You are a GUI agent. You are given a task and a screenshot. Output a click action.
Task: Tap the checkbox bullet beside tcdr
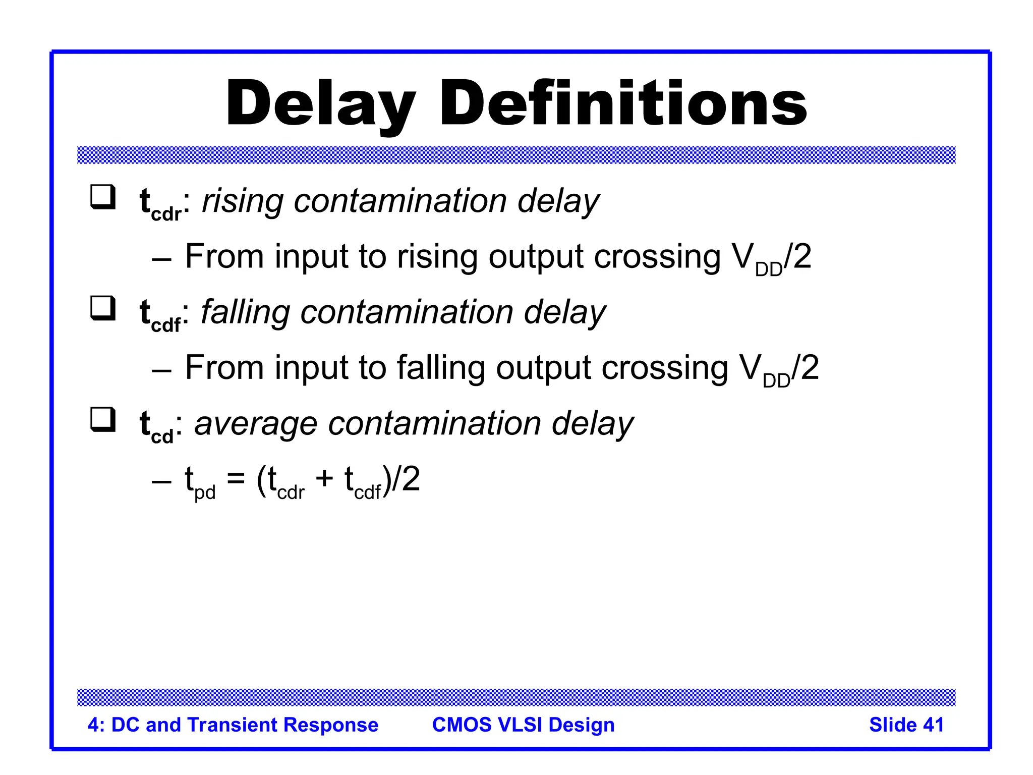102,197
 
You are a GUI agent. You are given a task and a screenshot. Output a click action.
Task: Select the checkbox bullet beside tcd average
102,419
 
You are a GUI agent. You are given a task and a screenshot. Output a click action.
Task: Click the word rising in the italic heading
243,202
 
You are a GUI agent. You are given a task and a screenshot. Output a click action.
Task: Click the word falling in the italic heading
246,313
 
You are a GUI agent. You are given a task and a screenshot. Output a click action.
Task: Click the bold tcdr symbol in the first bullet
160,205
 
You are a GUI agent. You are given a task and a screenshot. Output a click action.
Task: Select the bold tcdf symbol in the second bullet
160,316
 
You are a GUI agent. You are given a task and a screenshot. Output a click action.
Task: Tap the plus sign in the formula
324,478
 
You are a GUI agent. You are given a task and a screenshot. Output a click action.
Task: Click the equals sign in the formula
236,478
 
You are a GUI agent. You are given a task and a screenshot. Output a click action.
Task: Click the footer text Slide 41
906,725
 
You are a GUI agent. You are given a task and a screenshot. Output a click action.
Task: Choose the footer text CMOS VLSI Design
523,725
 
